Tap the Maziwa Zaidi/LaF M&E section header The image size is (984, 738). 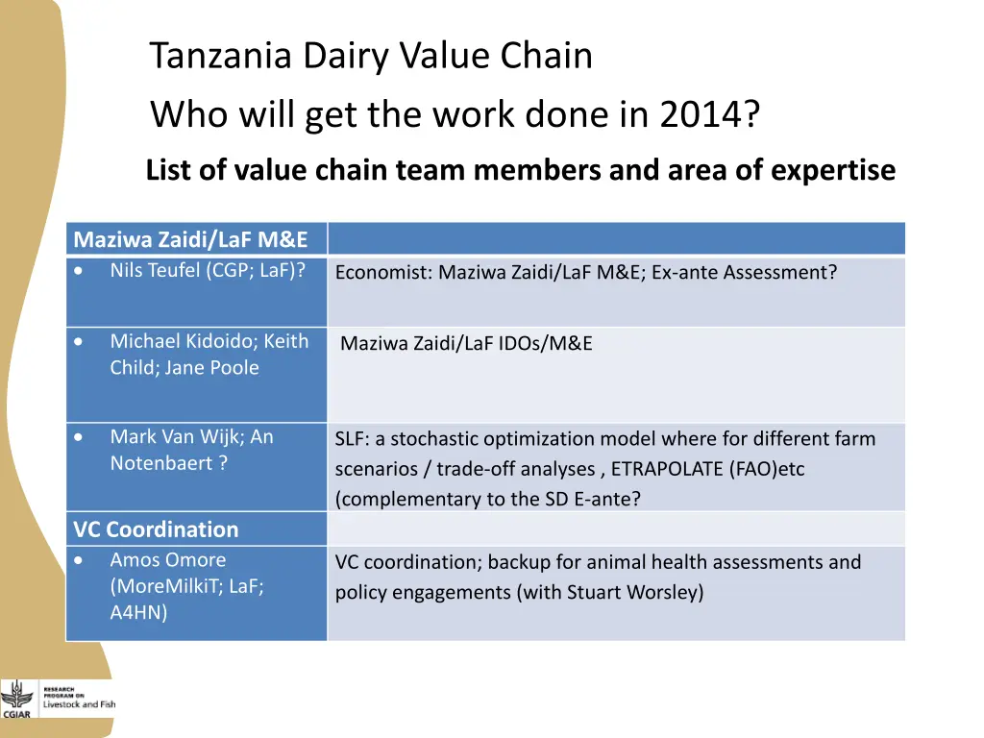pos(190,239)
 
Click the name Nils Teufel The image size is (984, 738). pos(155,270)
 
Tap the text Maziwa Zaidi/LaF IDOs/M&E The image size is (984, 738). pos(466,344)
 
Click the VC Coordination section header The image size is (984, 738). pos(156,529)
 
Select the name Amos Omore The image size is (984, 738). pos(168,560)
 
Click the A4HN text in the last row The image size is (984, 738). pos(138,613)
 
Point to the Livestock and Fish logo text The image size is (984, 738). pos(79,703)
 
